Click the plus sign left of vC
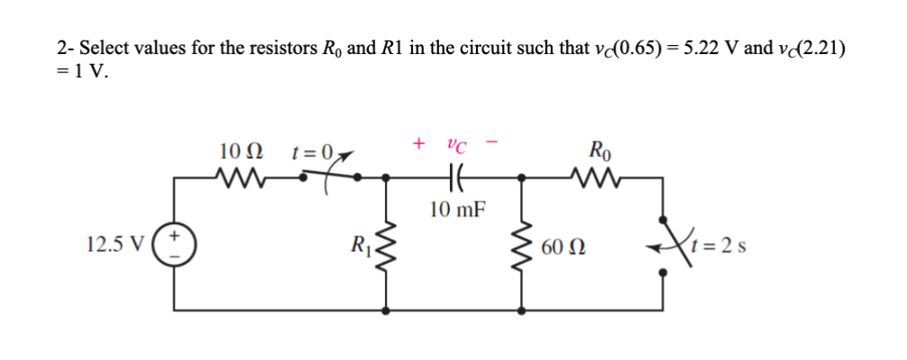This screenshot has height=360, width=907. (417, 143)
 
